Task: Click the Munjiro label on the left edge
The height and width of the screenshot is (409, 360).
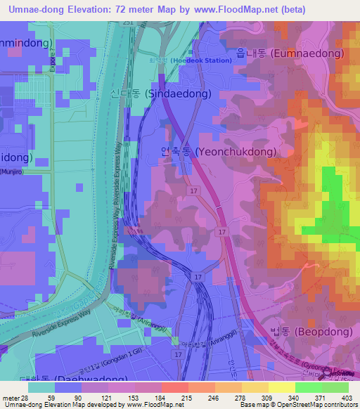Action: [14, 171]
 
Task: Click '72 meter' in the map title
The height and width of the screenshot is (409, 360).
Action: [132, 9]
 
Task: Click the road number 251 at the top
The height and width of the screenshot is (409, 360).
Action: [127, 22]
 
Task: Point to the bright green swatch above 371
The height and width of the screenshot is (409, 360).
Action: [308, 387]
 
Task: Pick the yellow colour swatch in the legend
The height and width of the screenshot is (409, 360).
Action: [281, 387]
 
